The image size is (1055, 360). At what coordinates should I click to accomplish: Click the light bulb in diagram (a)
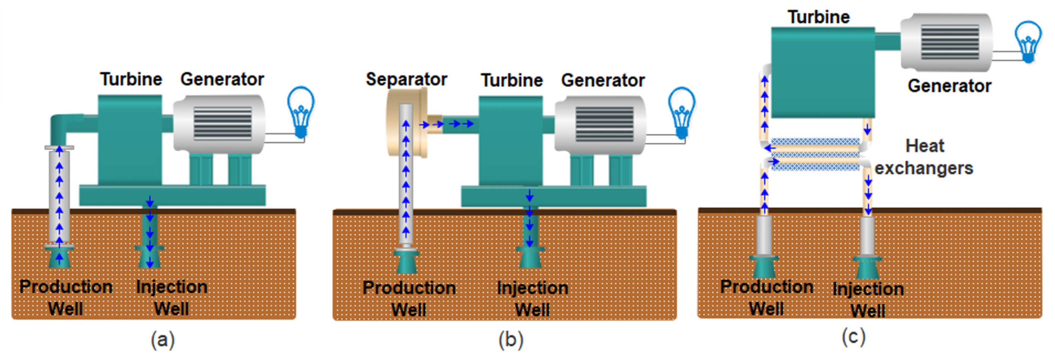click(x=301, y=111)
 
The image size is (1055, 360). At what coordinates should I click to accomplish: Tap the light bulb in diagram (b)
click(x=681, y=112)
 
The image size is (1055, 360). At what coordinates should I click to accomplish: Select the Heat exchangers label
click(x=924, y=157)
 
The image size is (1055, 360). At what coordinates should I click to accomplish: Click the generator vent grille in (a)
click(x=222, y=123)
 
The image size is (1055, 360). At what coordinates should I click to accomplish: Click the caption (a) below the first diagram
click(x=163, y=340)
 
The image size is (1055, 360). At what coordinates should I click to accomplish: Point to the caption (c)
click(x=853, y=337)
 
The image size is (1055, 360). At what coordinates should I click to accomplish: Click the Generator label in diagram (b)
click(x=602, y=80)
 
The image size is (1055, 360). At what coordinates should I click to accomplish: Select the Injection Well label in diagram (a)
click(x=172, y=297)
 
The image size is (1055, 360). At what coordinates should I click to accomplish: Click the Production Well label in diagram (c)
click(x=766, y=297)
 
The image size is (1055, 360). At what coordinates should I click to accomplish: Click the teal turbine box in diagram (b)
click(x=511, y=141)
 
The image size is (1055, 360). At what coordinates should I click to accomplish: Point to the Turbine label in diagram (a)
click(x=131, y=79)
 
